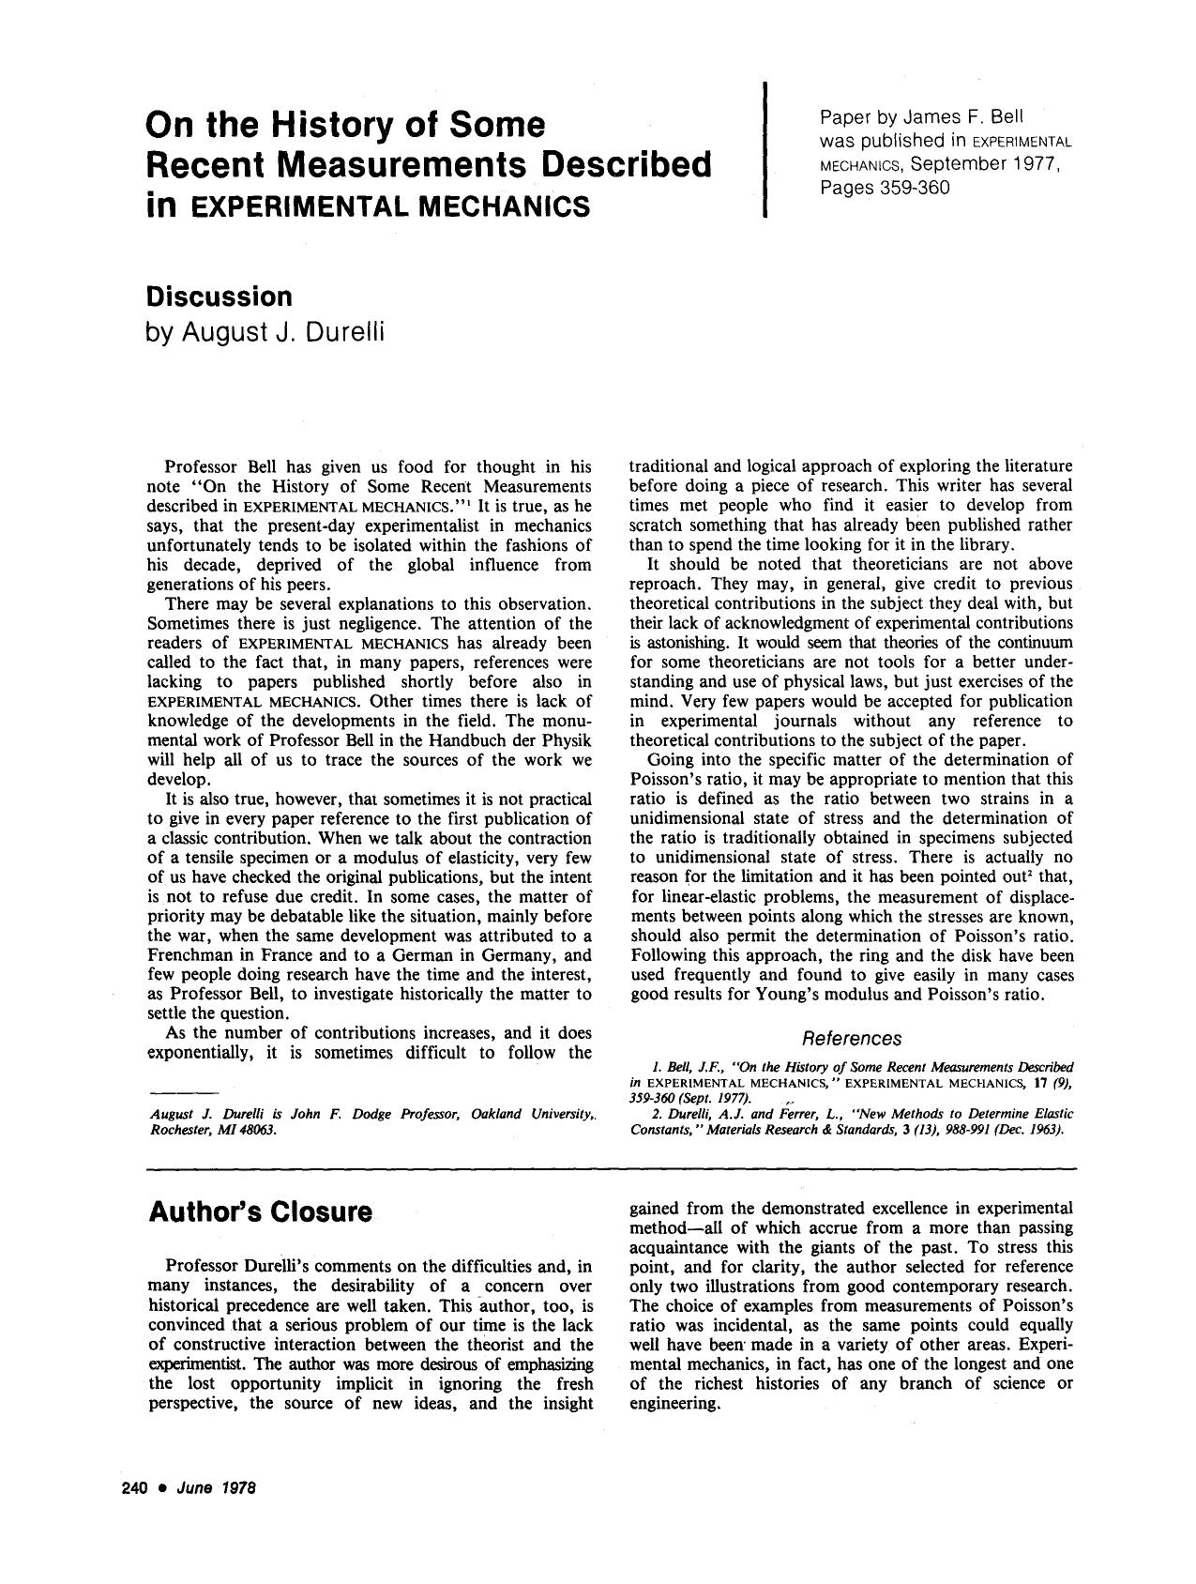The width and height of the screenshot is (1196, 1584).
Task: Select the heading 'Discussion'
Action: [220, 297]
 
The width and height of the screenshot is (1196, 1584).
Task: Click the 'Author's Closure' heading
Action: [260, 1211]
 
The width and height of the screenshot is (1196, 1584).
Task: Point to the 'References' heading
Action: [852, 1038]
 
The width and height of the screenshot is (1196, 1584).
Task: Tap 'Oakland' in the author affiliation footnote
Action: [497, 1114]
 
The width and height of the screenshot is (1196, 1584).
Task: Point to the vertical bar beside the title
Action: [765, 150]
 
